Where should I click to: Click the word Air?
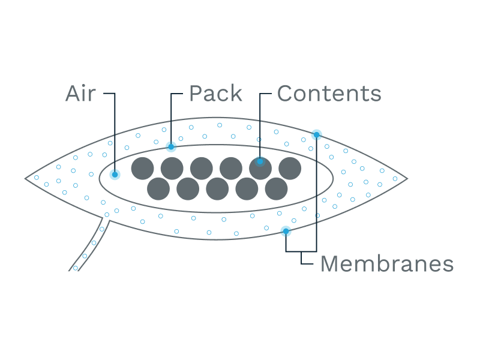[80, 94]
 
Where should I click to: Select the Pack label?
[215, 94]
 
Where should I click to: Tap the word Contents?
[329, 94]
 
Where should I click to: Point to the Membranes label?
[386, 264]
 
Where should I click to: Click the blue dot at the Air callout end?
[115, 175]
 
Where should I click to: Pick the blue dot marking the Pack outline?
[171, 146]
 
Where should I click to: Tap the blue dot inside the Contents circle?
[260, 161]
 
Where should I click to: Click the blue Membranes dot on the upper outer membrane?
[316, 134]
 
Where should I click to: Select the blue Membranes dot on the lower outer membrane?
[286, 231]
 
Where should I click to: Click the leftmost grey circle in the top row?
[142, 169]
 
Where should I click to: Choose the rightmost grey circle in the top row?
[289, 169]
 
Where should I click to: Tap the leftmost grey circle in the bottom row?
[158, 189]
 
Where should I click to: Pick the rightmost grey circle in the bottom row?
[276, 189]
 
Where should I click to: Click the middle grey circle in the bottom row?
[217, 189]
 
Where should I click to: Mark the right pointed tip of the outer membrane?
[407, 178]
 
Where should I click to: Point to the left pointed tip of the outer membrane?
[26, 178]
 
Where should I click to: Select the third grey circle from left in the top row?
[201, 169]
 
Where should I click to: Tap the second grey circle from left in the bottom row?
[188, 189]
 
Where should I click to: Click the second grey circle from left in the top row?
[172, 169]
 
